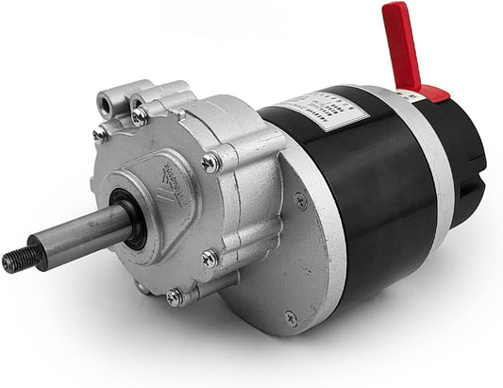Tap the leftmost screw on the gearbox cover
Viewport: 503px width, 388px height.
(99, 135)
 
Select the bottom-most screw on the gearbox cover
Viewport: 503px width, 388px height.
(175, 296)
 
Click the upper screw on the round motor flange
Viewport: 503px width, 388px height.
(300, 199)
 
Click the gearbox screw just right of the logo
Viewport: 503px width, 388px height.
(210, 162)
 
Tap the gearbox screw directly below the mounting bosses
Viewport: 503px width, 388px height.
(140, 117)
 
